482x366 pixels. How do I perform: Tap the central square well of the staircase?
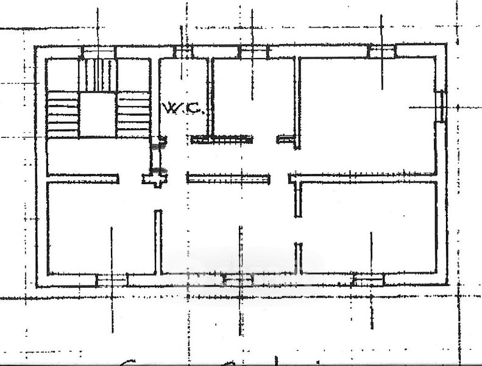(x=97, y=115)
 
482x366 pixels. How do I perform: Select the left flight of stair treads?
(x=63, y=114)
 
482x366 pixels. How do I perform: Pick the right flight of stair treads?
(x=133, y=114)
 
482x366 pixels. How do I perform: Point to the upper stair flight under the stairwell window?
(x=97, y=74)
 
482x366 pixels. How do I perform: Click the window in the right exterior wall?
(x=442, y=107)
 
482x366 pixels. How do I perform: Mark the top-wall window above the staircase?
(x=98, y=52)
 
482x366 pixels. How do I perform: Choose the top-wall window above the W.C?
(x=183, y=52)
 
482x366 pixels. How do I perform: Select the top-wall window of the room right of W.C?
(x=253, y=52)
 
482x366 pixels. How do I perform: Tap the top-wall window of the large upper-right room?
(x=382, y=51)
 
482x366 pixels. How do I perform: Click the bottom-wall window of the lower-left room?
(x=112, y=280)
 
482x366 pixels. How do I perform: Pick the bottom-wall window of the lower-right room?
(x=368, y=280)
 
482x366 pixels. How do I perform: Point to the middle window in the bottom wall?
(x=238, y=280)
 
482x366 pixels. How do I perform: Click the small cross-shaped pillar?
(x=155, y=179)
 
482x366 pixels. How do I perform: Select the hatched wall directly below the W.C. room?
(x=221, y=140)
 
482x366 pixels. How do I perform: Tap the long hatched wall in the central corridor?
(x=229, y=179)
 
